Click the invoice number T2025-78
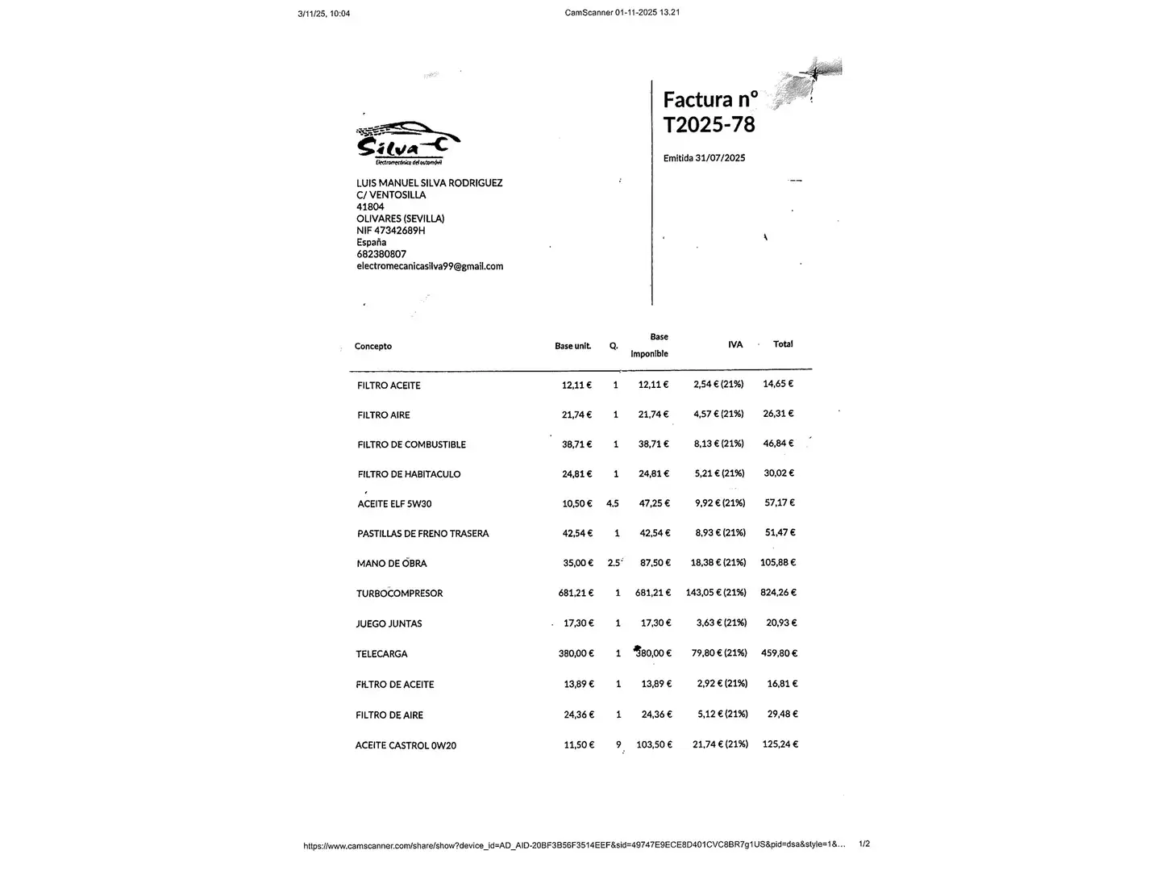[709, 124]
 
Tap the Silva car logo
[409, 142]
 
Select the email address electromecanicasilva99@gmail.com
[430, 266]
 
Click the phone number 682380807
[381, 254]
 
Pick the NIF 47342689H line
[391, 231]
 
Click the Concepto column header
[373, 346]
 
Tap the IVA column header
[735, 344]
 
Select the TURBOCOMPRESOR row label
[399, 594]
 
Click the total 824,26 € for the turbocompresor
[778, 592]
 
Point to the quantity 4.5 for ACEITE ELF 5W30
[613, 503]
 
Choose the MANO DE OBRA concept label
[392, 564]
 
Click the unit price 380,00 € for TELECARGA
[576, 653]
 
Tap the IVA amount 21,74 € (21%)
[720, 744]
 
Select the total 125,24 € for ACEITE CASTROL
[780, 744]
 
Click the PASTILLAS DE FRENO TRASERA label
[423, 534]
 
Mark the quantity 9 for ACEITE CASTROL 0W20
[618, 744]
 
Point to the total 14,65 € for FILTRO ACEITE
[778, 384]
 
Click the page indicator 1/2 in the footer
[864, 844]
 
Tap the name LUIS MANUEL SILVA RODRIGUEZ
[430, 183]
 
